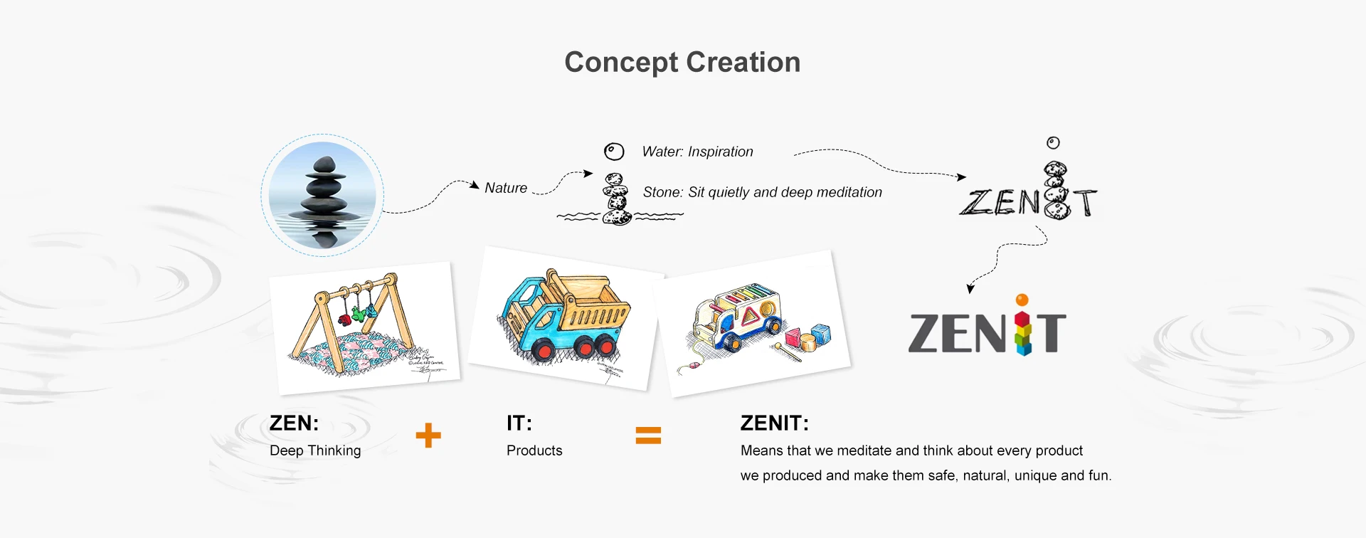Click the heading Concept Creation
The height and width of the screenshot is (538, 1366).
point(682,63)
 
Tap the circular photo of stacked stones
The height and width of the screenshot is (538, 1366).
point(322,195)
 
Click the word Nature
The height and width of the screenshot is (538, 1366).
point(506,188)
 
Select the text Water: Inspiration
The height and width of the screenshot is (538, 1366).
point(697,152)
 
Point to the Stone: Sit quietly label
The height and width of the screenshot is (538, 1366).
point(762,192)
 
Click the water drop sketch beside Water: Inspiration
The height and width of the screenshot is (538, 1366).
point(613,152)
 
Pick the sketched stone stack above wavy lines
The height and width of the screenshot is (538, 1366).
point(617,200)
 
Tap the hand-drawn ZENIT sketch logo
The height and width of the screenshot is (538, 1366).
point(1028,193)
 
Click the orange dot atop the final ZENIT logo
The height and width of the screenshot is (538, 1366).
point(1022,300)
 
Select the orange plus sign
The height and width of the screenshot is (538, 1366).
point(428,436)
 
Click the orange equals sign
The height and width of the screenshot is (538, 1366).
point(648,436)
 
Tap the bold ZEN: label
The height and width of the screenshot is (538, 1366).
point(294,423)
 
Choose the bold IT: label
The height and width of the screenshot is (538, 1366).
point(519,423)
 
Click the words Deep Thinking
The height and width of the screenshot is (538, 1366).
point(315,450)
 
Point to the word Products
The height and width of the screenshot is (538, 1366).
point(534,450)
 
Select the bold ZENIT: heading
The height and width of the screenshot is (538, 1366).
point(774,423)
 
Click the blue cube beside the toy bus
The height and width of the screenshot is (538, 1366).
point(821,333)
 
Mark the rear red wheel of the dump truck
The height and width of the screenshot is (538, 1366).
point(607,347)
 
